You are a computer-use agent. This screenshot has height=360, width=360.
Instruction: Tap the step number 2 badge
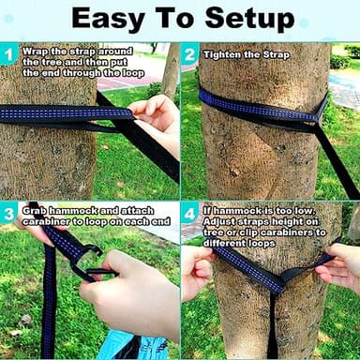click(x=189, y=56)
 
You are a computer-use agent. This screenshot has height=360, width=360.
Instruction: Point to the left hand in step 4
click(x=196, y=273)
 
